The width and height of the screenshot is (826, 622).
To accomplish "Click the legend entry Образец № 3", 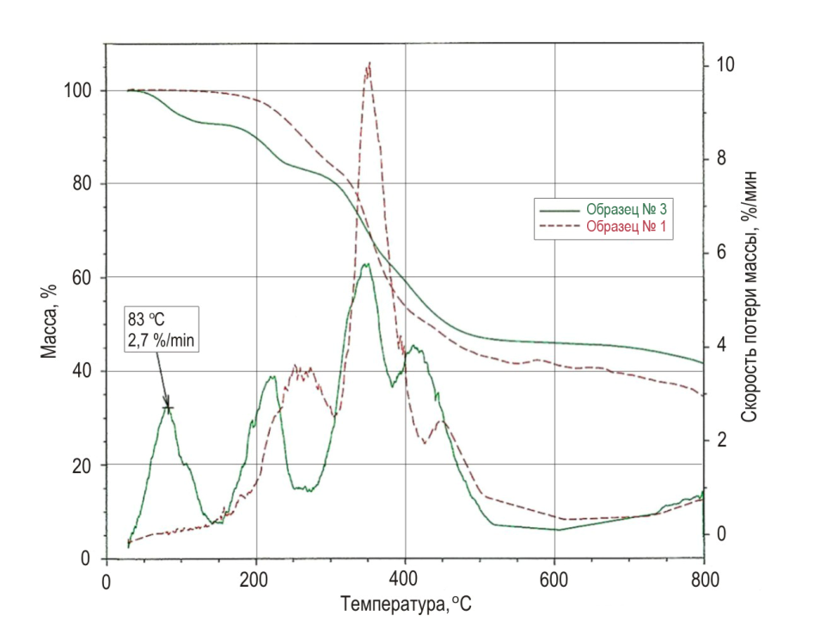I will click(x=627, y=209).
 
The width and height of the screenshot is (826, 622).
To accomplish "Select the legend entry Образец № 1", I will click(x=627, y=227).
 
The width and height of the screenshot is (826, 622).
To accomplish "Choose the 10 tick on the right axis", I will click(x=726, y=65).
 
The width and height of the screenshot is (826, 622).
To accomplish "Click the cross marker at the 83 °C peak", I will click(x=168, y=408).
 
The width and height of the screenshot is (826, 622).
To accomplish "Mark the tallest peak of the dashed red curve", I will click(x=369, y=64).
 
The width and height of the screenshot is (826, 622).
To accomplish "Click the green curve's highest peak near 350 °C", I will click(x=365, y=264).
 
